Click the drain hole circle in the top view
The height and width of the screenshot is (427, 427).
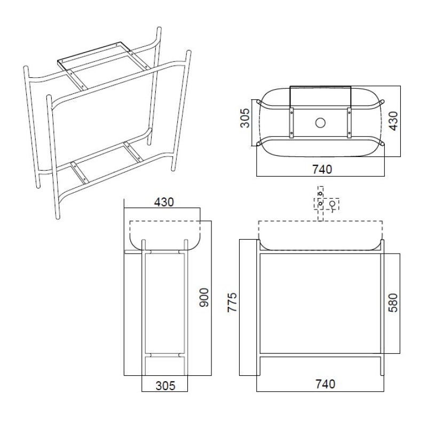point(320,123)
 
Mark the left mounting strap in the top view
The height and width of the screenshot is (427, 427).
point(292,122)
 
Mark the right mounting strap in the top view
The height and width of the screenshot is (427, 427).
point(349,122)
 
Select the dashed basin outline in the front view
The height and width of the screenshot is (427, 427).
point(321,235)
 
